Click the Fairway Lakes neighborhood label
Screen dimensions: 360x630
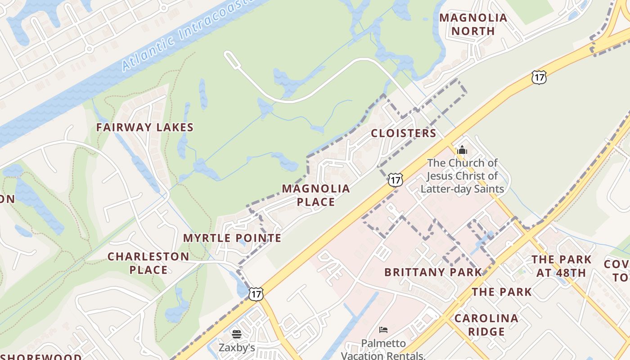[x=144, y=127]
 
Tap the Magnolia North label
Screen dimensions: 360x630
[x=473, y=24]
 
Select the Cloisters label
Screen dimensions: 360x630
[x=403, y=133]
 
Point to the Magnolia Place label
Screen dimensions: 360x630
[x=316, y=195]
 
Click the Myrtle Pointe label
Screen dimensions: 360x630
[x=232, y=238]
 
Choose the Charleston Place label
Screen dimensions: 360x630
[x=148, y=263]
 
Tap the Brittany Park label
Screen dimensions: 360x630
[x=433, y=272]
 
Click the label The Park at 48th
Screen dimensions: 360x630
[x=561, y=266]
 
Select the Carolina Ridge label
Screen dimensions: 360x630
[x=486, y=325]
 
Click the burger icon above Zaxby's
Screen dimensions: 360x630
[x=237, y=334]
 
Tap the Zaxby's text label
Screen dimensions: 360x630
[x=237, y=347]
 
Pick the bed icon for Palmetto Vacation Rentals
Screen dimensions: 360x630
[x=383, y=330]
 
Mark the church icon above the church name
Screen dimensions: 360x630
[x=462, y=150]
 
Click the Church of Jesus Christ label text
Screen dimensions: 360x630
[x=462, y=175]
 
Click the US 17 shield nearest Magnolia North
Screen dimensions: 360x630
[x=539, y=77]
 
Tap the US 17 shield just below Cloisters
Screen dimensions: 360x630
[x=395, y=180]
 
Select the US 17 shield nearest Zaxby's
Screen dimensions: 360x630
[x=256, y=293]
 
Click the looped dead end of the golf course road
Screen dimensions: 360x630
[x=229, y=58]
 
